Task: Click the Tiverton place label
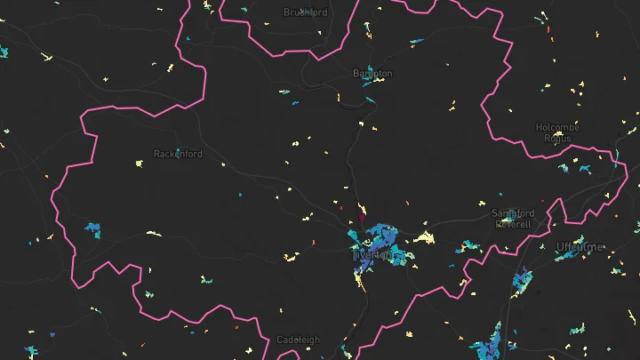pyautogui.click(x=372, y=255)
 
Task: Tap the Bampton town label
pyautogui.click(x=372, y=73)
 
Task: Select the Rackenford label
pyautogui.click(x=178, y=154)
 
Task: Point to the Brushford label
pyautogui.click(x=305, y=12)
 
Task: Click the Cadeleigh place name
pyautogui.click(x=298, y=340)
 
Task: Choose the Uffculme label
pyautogui.click(x=580, y=246)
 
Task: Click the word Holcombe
pyautogui.click(x=557, y=127)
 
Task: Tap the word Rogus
pyautogui.click(x=557, y=138)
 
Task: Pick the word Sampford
pyautogui.click(x=513, y=213)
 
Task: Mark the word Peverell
pyautogui.click(x=513, y=224)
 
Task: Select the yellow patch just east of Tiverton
pyautogui.click(x=426, y=237)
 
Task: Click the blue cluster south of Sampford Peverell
pyautogui.click(x=522, y=284)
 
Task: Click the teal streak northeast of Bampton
pyautogui.click(x=416, y=42)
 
